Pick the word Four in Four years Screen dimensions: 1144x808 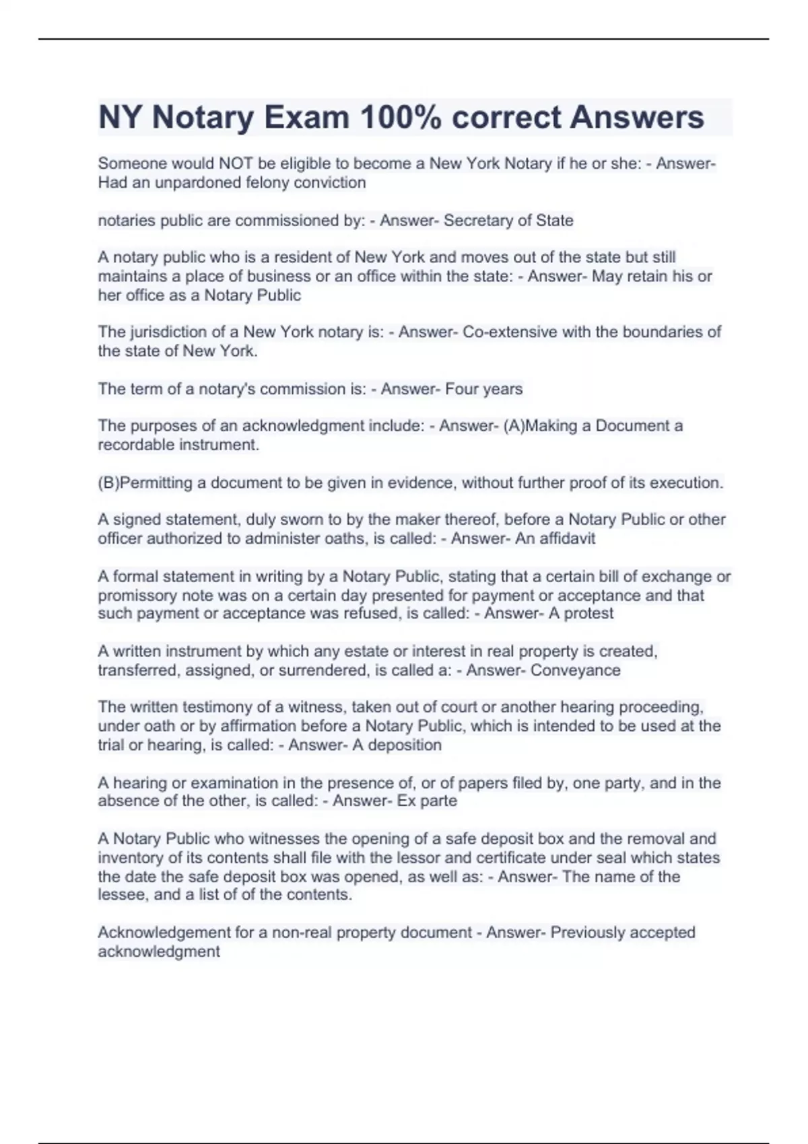tap(460, 389)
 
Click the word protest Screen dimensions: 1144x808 tap(588, 614)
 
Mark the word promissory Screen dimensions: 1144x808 tap(139, 596)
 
